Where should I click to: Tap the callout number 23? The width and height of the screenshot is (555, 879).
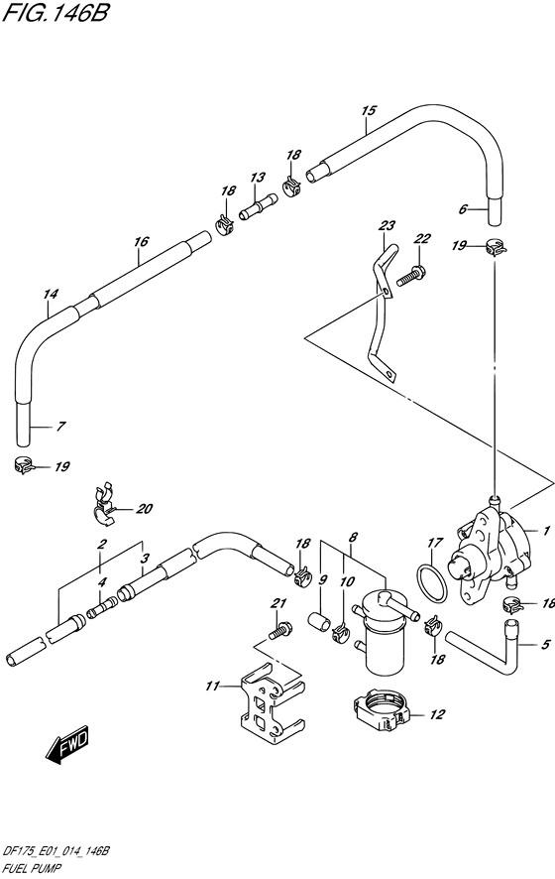(x=387, y=226)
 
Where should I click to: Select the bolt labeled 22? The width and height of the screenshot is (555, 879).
(x=411, y=275)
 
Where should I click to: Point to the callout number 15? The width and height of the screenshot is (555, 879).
(x=369, y=110)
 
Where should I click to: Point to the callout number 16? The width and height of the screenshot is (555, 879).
(x=141, y=241)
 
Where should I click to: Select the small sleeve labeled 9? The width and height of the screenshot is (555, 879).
(x=319, y=622)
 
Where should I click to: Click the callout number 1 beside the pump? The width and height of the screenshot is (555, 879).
(x=546, y=531)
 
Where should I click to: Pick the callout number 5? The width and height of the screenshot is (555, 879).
(x=545, y=645)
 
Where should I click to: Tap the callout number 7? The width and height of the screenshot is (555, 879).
(x=59, y=426)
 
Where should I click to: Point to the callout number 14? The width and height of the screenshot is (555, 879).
(x=51, y=294)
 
